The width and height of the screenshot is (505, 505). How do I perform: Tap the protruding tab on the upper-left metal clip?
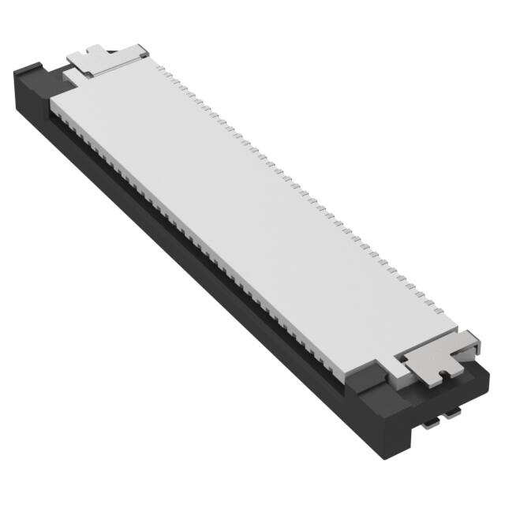79,57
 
